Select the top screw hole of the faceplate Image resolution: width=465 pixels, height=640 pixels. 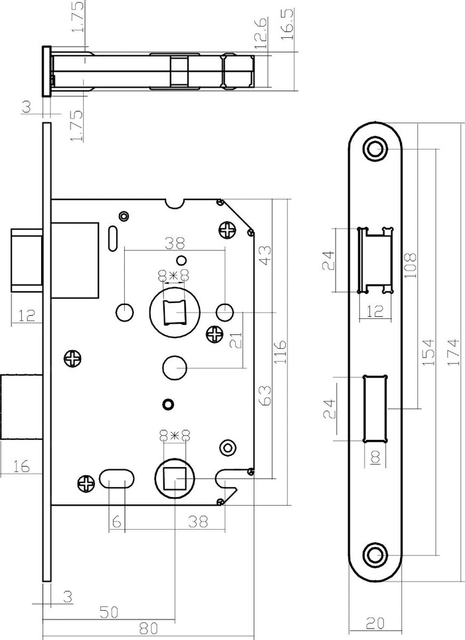pyautogui.click(x=375, y=148)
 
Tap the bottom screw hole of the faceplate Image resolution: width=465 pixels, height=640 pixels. pyautogui.click(x=375, y=554)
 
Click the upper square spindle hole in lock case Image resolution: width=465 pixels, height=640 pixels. pyautogui.click(x=173, y=311)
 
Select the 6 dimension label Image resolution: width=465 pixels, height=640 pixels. pyautogui.click(x=117, y=522)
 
